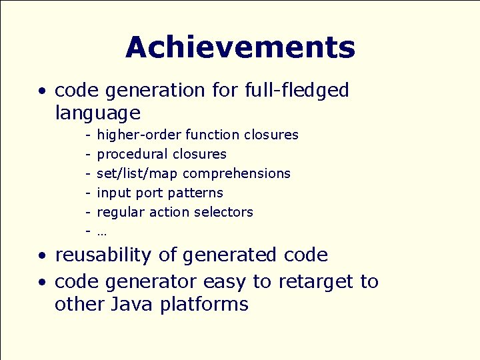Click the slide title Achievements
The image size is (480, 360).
(x=240, y=48)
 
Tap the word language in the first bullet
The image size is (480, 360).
(x=97, y=113)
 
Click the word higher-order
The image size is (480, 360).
(x=139, y=135)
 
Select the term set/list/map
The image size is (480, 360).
(x=137, y=174)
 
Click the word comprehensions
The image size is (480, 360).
(x=237, y=174)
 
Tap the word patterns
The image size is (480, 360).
(x=195, y=193)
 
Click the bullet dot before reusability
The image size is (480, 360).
(x=42, y=256)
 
